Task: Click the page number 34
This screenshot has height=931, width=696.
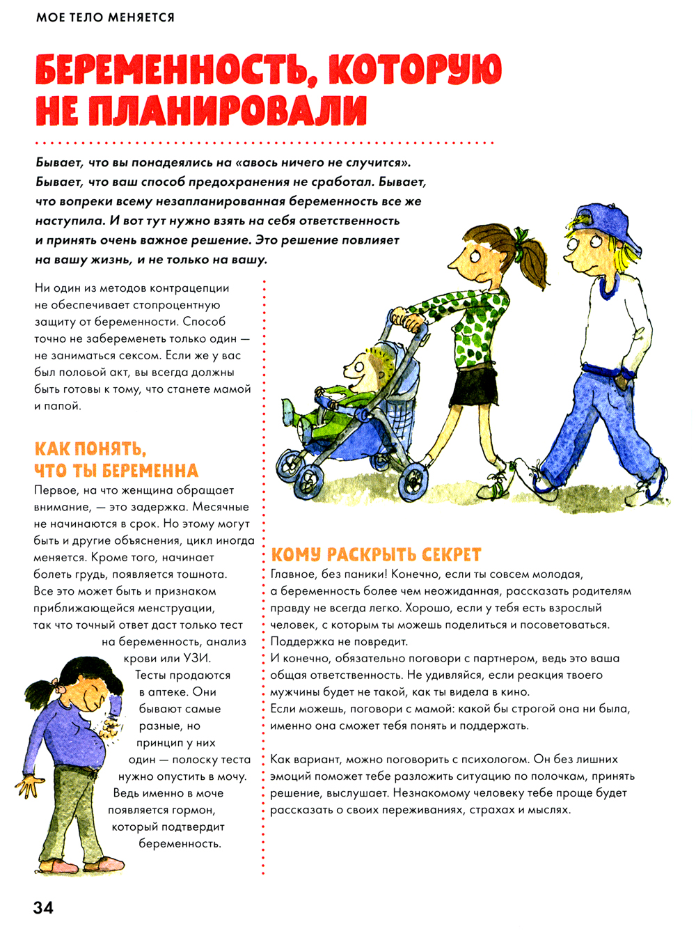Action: [43, 907]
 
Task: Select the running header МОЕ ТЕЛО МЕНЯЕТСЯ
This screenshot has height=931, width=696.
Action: [105, 17]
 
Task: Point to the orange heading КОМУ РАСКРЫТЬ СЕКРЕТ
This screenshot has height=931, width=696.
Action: [376, 555]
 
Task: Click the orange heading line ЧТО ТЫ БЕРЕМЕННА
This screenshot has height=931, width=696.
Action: [116, 471]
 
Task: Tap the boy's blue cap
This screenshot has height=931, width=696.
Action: [605, 224]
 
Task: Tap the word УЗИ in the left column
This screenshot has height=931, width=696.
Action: [196, 658]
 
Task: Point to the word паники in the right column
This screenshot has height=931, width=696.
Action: [360, 574]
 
